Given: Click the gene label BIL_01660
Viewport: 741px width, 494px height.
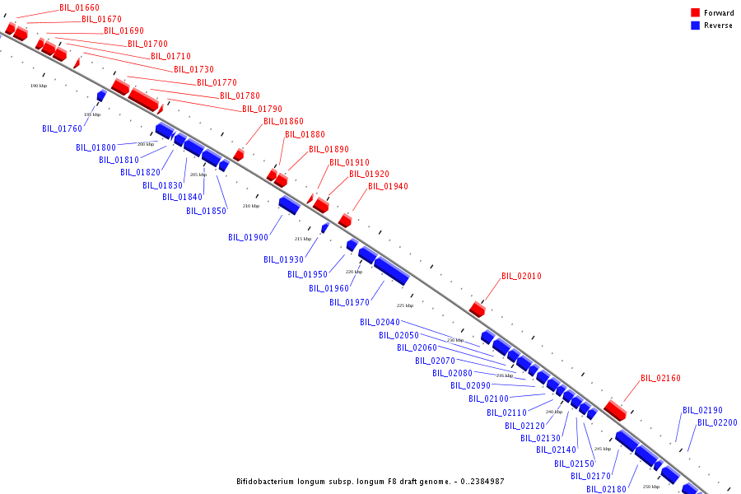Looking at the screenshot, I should coord(79,7).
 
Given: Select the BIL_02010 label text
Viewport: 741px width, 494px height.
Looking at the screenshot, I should coord(521,277).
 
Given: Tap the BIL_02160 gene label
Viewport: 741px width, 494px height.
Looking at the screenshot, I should coord(660,379).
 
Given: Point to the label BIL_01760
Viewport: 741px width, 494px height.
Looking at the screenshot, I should coord(63,128).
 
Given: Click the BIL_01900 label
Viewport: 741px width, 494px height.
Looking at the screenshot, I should coord(248,238).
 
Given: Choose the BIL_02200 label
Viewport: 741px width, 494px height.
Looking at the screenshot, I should coord(717,423).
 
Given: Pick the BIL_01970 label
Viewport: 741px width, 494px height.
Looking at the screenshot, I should coord(349,303).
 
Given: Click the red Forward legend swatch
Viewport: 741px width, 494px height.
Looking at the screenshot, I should coord(695,13).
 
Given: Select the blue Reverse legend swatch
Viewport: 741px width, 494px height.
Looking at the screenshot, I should coord(695,26).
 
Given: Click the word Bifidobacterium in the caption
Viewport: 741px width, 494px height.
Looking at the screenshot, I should coord(264,482).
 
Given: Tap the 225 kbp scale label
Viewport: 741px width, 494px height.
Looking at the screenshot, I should coord(405,305).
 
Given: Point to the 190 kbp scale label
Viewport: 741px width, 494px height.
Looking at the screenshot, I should coord(39,86).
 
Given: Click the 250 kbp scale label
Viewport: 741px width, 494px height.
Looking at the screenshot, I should coord(650,487).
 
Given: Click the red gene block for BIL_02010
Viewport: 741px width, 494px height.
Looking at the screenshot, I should coord(478,309).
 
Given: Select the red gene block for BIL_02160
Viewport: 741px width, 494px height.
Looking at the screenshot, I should coord(615,409).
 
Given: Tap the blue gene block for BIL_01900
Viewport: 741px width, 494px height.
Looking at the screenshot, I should coord(288,204).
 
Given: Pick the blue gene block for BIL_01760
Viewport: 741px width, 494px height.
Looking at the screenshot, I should coord(101,96).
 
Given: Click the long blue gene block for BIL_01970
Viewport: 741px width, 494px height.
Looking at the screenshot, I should coord(391,270).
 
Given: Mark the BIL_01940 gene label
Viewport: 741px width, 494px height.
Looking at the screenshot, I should coord(388,187).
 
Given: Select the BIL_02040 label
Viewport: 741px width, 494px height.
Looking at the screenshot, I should coord(380,322).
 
